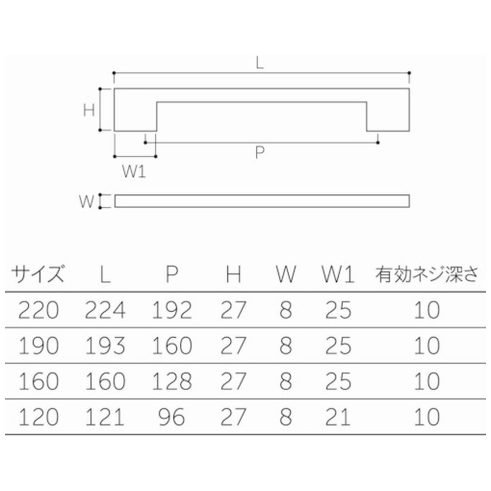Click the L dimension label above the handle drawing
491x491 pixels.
pyautogui.click(x=260, y=63)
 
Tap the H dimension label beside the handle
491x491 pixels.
pyautogui.click(x=89, y=110)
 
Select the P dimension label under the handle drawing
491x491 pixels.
pyautogui.click(x=260, y=153)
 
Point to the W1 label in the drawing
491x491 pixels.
pyautogui.click(x=134, y=172)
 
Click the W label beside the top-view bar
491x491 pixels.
pyautogui.click(x=86, y=201)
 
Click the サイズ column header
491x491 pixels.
pyautogui.click(x=38, y=274)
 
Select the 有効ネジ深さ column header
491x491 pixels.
pyautogui.click(x=427, y=274)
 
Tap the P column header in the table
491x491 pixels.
pyautogui.click(x=172, y=274)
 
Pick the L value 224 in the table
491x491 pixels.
pyautogui.click(x=105, y=310)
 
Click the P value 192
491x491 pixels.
pyautogui.click(x=172, y=310)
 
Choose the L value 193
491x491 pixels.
pyautogui.click(x=105, y=346)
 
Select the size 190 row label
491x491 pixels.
pyautogui.click(x=39, y=346)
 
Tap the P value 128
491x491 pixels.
pyautogui.click(x=172, y=382)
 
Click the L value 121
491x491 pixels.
pyautogui.click(x=105, y=417)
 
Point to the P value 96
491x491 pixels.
pyautogui.click(x=172, y=417)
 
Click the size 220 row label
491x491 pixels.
pyautogui.click(x=39, y=310)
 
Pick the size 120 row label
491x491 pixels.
pyautogui.click(x=39, y=417)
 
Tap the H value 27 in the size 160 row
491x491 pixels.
pyautogui.click(x=233, y=382)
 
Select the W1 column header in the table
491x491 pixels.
pyautogui.click(x=338, y=274)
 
